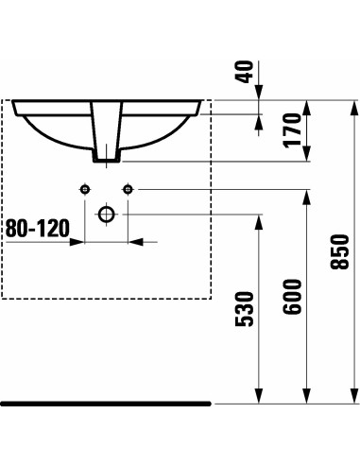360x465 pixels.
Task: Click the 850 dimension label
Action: coord(339,251)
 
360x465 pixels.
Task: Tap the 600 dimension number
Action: coord(292,297)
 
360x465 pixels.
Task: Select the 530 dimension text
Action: coord(245,309)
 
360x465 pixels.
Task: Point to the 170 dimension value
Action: coord(292,129)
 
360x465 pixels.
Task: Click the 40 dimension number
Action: coord(245,72)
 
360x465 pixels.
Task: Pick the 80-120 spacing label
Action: coord(38,228)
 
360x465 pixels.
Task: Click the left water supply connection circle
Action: coord(85,189)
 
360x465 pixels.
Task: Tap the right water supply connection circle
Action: coord(128,189)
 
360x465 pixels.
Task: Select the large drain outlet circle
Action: coord(106,215)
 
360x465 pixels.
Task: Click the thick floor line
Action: coord(106,404)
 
